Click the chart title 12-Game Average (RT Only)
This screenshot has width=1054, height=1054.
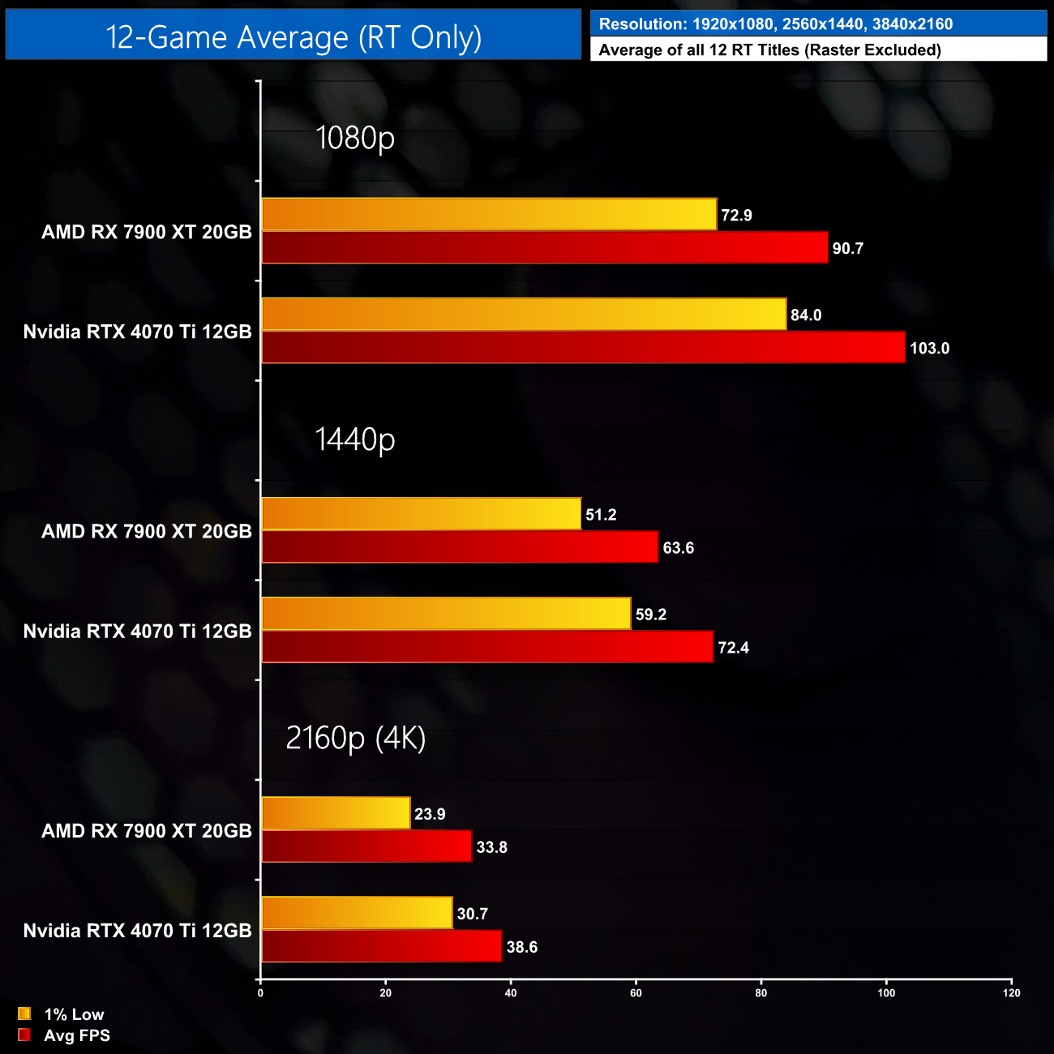[293, 37]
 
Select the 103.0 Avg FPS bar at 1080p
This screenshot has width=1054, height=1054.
[583, 348]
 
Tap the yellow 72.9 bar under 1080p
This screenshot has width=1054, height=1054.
[489, 215]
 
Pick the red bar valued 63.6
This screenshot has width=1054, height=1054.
[460, 547]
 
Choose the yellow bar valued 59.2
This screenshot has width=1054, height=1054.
[446, 614]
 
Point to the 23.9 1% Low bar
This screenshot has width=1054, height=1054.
[336, 813]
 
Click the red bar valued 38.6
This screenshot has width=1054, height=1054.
[381, 946]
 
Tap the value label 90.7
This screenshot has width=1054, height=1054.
[848, 249]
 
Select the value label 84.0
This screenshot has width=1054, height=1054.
[806, 315]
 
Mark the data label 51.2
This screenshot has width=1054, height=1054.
[601, 515]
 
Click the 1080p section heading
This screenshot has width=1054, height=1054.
[355, 138]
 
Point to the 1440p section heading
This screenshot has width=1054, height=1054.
[355, 439]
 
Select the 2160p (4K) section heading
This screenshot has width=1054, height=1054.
[355, 738]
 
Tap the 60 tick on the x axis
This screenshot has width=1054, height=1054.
[636, 993]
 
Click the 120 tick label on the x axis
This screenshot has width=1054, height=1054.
[1011, 993]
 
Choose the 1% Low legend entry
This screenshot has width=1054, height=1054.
[73, 1014]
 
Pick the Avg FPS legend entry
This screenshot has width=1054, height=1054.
[76, 1035]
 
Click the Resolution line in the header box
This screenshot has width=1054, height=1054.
[775, 24]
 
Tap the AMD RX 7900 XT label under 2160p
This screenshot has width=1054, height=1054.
[147, 831]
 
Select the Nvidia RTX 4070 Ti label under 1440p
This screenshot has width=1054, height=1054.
[138, 631]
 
